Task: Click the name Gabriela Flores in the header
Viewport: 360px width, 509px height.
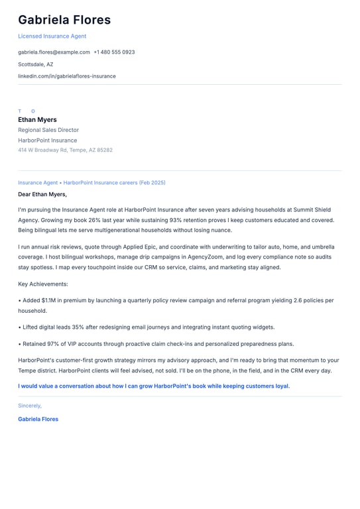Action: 64,20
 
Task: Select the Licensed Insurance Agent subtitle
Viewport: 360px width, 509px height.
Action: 52,36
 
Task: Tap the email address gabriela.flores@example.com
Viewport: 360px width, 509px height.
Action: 54,52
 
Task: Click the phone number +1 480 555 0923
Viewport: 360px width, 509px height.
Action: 114,52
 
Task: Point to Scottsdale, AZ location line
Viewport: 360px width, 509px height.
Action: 36,64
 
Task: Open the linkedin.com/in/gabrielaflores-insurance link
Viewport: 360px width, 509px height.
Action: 67,76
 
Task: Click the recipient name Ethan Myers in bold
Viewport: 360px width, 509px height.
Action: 37,120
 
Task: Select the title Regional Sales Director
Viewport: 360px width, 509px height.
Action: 48,130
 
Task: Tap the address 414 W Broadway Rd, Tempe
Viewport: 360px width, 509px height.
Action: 65,150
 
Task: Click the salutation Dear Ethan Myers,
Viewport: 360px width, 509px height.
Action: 42,194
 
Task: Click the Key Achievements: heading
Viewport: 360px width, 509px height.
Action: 43,284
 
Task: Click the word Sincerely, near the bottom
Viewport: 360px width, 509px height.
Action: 30,405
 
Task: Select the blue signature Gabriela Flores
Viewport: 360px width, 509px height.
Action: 38,419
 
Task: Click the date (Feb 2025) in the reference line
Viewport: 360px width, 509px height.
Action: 152,182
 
